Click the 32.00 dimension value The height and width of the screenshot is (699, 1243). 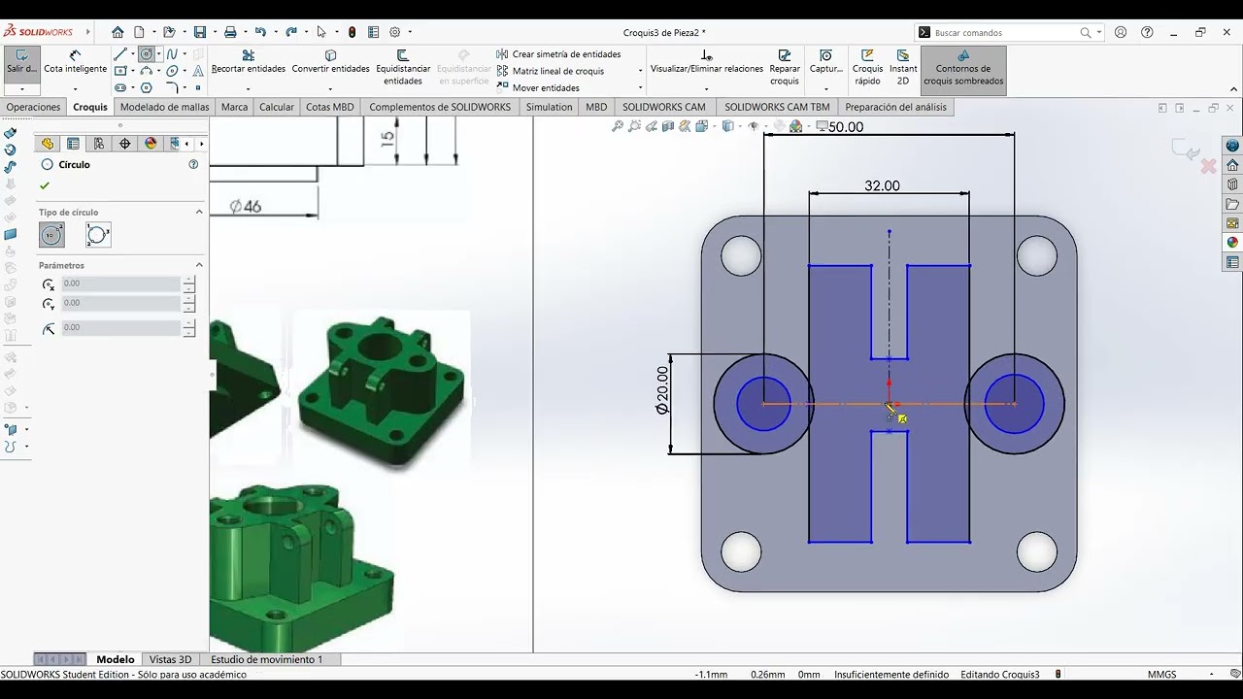pyautogui.click(x=882, y=185)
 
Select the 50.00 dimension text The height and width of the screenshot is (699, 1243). pyautogui.click(x=846, y=127)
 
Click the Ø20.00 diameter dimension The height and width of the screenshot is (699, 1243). pyautogui.click(x=662, y=390)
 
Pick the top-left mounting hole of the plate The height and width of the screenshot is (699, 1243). pyautogui.click(x=741, y=255)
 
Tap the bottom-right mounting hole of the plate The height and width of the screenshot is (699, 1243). pyautogui.click(x=1036, y=551)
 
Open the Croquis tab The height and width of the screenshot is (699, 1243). pyautogui.click(x=90, y=107)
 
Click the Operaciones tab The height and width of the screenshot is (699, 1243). pyautogui.click(x=33, y=107)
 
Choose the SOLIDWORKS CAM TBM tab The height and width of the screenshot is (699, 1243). pyautogui.click(x=777, y=107)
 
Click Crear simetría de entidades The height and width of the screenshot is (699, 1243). pyautogui.click(x=566, y=54)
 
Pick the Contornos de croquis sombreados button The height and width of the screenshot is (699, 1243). pyautogui.click(x=963, y=68)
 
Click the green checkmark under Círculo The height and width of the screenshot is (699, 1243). pyautogui.click(x=45, y=185)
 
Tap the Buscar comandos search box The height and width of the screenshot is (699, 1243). pyautogui.click(x=1005, y=33)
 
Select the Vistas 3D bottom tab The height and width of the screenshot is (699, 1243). pyautogui.click(x=170, y=659)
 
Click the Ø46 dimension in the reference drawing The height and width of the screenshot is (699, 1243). pyautogui.click(x=246, y=206)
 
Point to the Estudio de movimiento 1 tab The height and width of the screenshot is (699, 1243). pyautogui.click(x=266, y=659)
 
